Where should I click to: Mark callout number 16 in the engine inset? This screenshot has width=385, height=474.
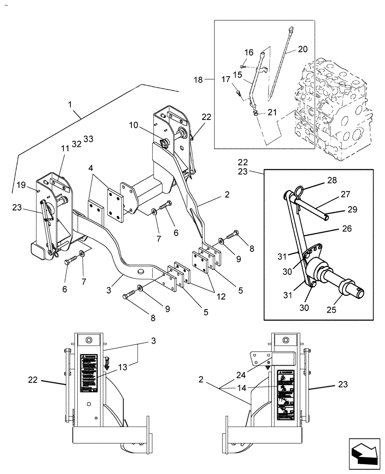click(x=249, y=52)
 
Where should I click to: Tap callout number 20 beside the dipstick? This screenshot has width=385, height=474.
click(x=302, y=49)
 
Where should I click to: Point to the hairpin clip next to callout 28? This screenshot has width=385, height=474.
click(x=298, y=191)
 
